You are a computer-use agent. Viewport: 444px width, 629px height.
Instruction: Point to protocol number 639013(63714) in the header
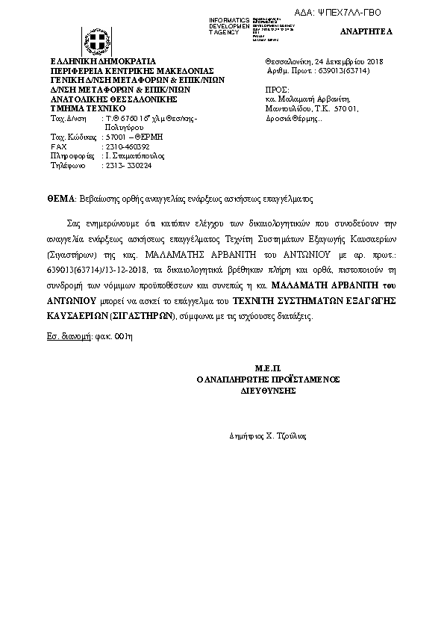click(x=349, y=70)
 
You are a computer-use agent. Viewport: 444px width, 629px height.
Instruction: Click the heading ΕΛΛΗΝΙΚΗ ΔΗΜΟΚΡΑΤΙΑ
click(x=102, y=61)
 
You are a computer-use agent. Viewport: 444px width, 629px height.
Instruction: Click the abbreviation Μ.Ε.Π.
click(x=266, y=368)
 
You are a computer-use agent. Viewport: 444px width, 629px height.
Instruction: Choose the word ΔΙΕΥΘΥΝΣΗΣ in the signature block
click(x=268, y=390)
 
